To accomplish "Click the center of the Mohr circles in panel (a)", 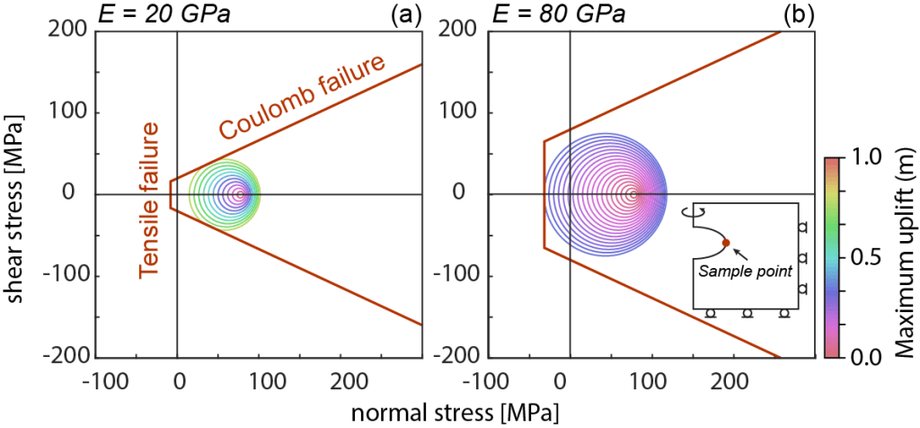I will (239, 194).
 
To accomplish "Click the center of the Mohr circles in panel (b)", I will (632, 194).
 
